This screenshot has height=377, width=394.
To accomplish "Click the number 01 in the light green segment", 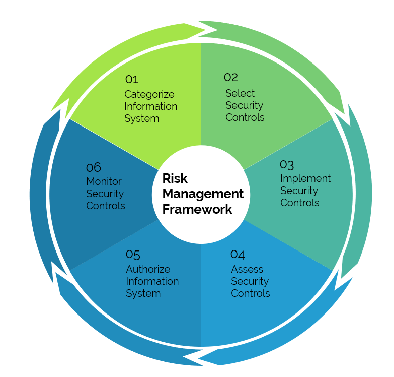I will [x=131, y=79].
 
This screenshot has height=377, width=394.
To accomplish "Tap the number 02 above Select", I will [x=231, y=77].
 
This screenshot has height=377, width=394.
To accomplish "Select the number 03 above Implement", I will [x=287, y=164].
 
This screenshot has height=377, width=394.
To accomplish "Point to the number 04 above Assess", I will [x=238, y=255].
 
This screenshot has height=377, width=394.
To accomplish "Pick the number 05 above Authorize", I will [x=133, y=255].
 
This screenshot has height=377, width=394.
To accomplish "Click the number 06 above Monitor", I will [x=94, y=167].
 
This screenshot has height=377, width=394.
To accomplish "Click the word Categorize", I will [x=149, y=94].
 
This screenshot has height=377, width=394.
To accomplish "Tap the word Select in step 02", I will [x=240, y=93].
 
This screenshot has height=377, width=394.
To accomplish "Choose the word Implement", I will [x=305, y=178].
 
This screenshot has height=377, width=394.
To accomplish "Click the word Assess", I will [x=247, y=269].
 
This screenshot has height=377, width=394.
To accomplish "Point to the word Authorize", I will [x=148, y=269].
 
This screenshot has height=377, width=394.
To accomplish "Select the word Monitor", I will [x=104, y=181].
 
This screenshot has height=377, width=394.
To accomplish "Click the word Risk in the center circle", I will [x=175, y=179].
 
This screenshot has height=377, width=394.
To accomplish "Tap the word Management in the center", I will [x=203, y=194].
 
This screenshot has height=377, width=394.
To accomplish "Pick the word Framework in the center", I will [x=197, y=209].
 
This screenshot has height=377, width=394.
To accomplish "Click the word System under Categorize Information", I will [x=141, y=118].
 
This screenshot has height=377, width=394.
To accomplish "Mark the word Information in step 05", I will [x=152, y=281].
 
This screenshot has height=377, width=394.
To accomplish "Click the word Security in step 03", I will [x=299, y=191].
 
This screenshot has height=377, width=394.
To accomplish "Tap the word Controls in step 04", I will [x=251, y=293].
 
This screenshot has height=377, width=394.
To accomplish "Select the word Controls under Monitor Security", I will [x=106, y=206].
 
